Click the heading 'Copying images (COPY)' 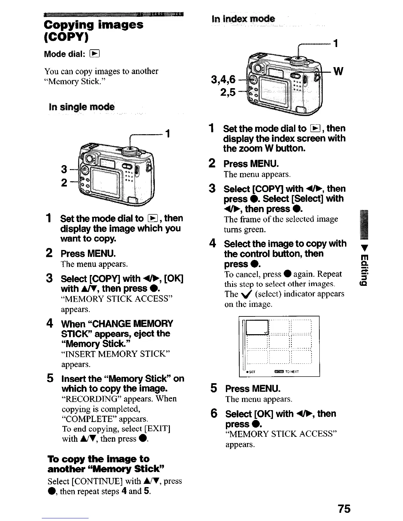94,31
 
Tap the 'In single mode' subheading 81,107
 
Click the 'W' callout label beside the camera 338,71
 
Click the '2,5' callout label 228,93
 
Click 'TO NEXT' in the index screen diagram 292,372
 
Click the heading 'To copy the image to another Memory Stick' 98,463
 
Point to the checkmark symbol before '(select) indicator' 248,294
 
